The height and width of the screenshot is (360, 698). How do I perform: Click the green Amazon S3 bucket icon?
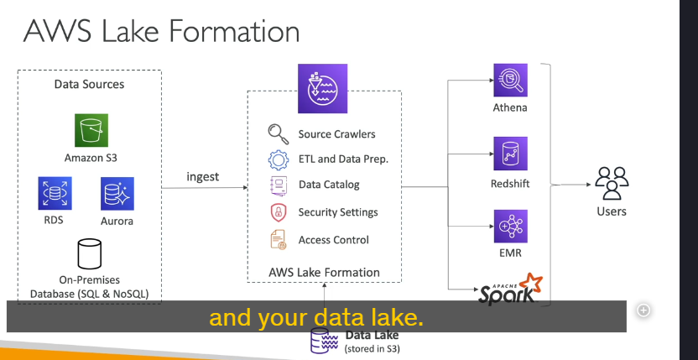click(91, 130)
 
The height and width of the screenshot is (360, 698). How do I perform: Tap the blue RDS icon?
click(55, 193)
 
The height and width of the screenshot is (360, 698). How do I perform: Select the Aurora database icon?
click(117, 194)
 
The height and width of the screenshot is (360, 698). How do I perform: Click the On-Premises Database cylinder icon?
click(90, 254)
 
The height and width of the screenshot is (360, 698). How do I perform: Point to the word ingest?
click(202, 177)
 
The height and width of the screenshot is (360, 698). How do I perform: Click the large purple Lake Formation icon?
click(322, 88)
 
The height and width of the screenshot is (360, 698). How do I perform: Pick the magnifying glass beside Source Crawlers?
click(279, 134)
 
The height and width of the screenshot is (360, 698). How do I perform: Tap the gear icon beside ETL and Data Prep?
click(279, 159)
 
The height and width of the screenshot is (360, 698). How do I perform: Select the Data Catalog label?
click(329, 185)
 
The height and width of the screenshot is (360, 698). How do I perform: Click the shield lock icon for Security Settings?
click(279, 212)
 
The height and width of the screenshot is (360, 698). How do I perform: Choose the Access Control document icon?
click(279, 239)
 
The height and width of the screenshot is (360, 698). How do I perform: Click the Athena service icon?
click(511, 81)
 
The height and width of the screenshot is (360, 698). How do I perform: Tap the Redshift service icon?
click(511, 154)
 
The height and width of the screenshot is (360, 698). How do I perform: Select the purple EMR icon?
click(511, 227)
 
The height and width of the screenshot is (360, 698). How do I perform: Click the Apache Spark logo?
click(511, 289)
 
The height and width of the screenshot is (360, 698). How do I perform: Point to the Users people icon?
click(612, 183)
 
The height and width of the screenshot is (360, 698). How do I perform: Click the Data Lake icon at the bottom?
click(324, 342)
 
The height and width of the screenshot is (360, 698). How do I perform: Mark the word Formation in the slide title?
click(234, 31)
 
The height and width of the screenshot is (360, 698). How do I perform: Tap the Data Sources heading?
click(89, 84)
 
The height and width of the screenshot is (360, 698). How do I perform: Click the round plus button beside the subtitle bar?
click(643, 310)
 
